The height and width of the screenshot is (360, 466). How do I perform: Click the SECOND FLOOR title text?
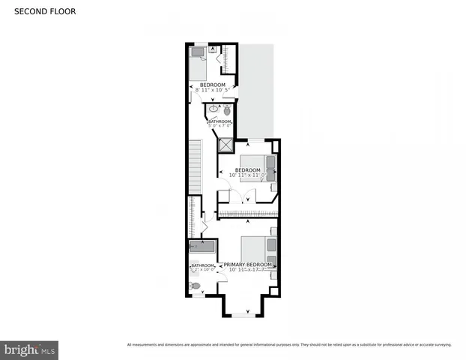(44, 12)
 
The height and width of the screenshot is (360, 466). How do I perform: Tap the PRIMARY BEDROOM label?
(247, 265)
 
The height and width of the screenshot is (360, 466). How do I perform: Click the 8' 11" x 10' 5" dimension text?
(212, 91)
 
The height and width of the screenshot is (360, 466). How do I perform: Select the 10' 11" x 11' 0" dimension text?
(248, 175)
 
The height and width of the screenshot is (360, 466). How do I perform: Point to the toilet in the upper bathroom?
(227, 109)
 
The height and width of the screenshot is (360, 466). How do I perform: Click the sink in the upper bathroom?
(213, 109)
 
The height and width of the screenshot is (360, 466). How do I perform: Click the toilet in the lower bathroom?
(196, 286)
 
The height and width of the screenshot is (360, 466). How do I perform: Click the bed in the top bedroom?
(199, 66)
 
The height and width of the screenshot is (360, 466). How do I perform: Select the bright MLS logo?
(29, 349)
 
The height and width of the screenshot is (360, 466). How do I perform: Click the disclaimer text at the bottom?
(289, 345)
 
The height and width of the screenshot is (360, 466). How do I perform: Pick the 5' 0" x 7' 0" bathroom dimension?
(220, 125)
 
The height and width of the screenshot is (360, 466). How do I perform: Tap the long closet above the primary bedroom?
(247, 216)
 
